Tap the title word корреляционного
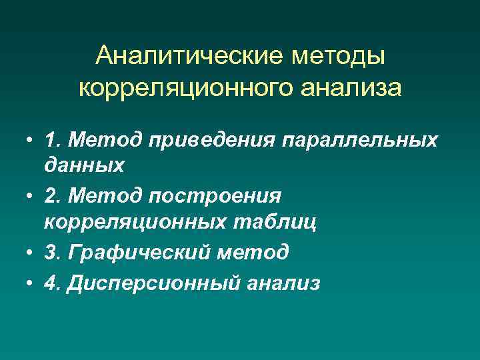click(172, 88)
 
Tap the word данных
click(84, 165)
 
